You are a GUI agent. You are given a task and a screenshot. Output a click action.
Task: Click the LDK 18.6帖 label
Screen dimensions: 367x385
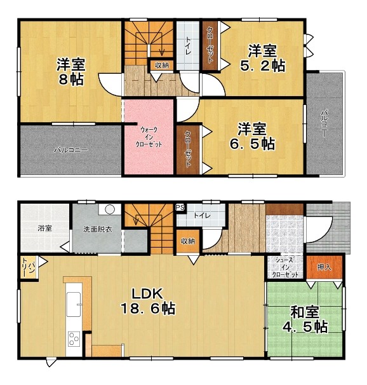click(148, 301)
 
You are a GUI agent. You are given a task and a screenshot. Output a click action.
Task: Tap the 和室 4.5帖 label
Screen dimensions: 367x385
click(305, 319)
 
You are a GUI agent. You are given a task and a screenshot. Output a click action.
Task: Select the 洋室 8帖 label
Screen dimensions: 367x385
click(71, 71)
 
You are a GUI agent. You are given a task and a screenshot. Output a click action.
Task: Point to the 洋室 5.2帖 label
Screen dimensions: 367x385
click(262, 58)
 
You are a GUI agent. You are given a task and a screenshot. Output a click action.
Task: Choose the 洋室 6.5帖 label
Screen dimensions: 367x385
click(252, 136)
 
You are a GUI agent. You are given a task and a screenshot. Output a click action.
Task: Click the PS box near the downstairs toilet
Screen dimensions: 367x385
click(180, 207)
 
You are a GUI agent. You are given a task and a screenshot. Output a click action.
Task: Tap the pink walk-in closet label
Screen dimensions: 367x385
click(149, 137)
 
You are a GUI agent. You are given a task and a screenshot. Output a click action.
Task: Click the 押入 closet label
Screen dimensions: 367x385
click(324, 267)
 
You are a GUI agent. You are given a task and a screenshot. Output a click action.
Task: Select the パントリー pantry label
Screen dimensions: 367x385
click(29, 267)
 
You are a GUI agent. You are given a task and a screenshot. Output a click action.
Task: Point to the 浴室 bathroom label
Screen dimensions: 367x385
click(44, 228)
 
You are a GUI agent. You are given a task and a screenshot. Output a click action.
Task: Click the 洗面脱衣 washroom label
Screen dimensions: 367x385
click(98, 229)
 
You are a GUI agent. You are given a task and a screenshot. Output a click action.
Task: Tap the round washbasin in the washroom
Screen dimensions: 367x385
click(110, 209)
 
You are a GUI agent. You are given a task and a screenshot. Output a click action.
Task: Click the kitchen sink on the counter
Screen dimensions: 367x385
click(74, 304)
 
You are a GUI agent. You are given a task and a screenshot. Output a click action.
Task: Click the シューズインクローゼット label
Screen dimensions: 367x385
click(285, 267)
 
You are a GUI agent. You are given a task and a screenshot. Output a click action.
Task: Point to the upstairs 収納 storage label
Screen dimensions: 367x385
click(161, 66)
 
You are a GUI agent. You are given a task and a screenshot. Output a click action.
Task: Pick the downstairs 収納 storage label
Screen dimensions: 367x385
click(188, 241)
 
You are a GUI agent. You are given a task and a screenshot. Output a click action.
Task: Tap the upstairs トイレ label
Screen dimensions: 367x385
click(188, 46)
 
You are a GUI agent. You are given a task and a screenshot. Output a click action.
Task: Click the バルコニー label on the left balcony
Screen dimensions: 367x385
click(71, 150)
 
